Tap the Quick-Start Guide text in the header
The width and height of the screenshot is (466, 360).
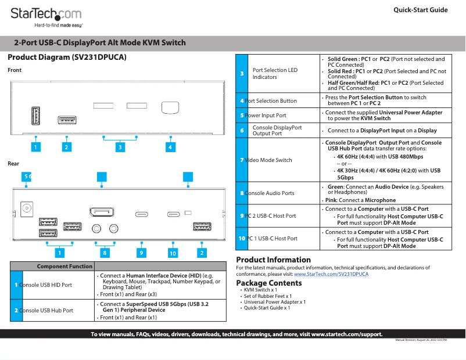point(420,10)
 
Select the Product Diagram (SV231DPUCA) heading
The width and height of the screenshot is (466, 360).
point(67,57)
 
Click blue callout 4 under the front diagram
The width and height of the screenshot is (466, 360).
point(170,147)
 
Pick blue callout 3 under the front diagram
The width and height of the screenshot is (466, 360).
point(120,147)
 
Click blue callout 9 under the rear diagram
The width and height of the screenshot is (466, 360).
point(141,253)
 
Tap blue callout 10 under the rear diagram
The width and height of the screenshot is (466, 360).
point(173,253)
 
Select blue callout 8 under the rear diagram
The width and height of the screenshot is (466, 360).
point(105,253)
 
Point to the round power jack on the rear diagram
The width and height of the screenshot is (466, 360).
point(26,207)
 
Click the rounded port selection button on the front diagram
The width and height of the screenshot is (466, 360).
point(169,107)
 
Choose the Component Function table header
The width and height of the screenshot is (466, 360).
point(64,266)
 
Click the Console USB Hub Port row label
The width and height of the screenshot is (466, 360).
point(46,310)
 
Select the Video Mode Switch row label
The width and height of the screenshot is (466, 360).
point(268,160)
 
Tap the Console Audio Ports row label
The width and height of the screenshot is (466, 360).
point(270,193)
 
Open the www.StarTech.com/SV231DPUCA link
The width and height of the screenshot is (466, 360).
point(331,273)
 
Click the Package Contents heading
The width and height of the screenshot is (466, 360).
point(268,283)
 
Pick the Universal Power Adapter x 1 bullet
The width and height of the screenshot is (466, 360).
point(274,302)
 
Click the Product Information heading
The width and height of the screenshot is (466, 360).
point(273,260)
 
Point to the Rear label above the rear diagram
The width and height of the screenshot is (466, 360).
point(13,164)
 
